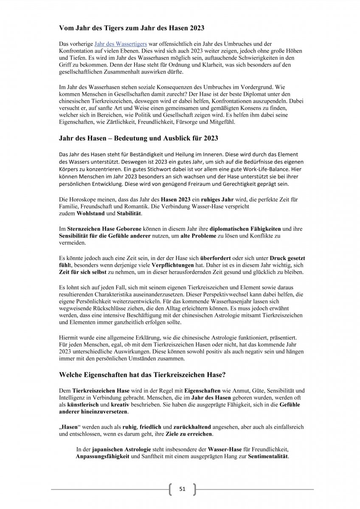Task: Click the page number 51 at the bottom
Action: [x=183, y=489]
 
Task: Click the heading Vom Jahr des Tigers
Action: [x=132, y=28]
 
